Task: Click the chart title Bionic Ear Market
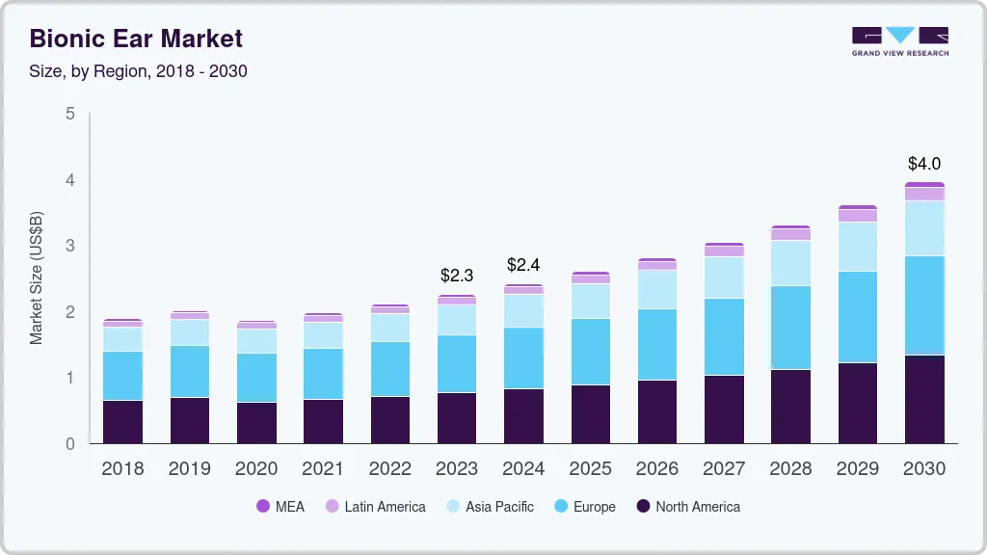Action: coord(136,40)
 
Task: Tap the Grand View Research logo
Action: coord(899,41)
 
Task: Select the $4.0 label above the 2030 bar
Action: coord(924,164)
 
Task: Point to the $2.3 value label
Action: coord(457,276)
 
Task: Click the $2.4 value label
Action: coord(523,264)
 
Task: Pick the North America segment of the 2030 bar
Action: coord(924,399)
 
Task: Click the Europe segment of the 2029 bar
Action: coord(858,317)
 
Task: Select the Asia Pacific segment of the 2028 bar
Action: coord(790,263)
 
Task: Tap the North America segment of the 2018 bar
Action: coord(123,422)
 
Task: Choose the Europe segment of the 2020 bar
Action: coord(256,378)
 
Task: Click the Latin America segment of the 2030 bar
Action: coord(924,194)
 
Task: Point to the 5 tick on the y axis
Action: coord(69,114)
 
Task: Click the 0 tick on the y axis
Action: coord(69,443)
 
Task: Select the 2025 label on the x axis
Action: coord(590,468)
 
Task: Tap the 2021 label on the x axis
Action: coord(323,468)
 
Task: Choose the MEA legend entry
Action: coord(280,507)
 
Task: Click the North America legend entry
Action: coord(687,507)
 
